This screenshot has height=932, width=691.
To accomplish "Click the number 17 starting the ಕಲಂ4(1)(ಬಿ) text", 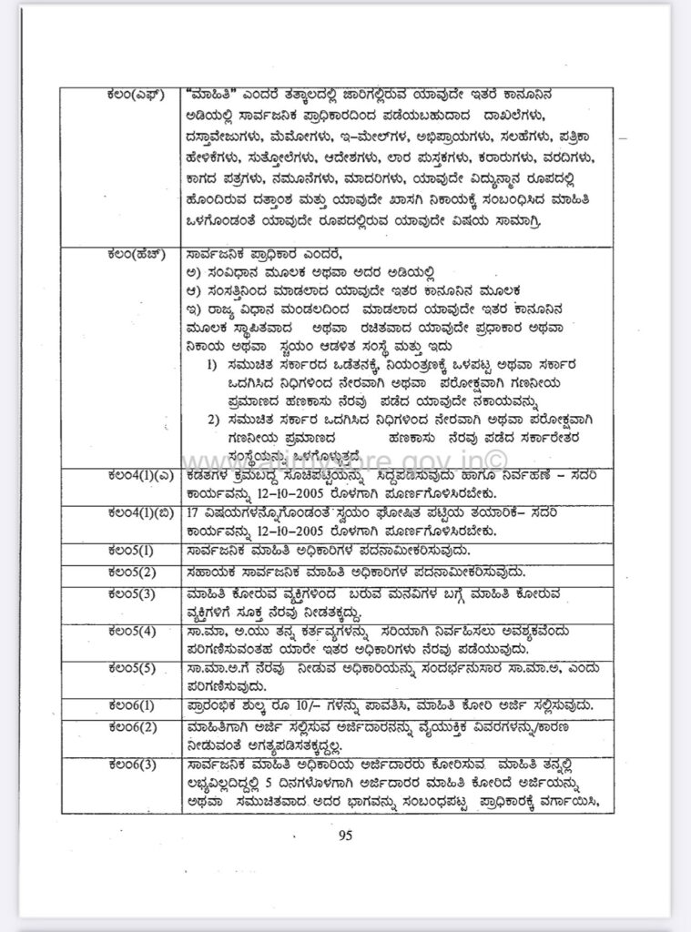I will pos(192,513).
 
